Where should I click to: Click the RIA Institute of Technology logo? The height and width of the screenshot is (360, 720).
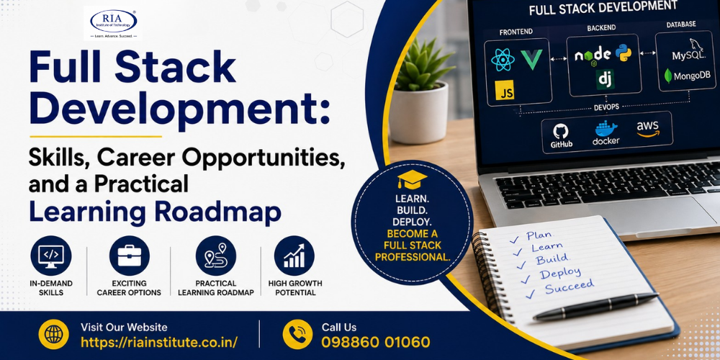point(113,24)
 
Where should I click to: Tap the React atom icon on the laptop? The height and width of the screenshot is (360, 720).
point(503,60)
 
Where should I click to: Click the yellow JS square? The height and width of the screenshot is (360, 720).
point(505,90)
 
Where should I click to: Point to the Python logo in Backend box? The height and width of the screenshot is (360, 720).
point(623,53)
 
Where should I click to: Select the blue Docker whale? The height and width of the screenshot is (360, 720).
point(606,127)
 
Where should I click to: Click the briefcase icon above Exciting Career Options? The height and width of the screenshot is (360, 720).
point(129,256)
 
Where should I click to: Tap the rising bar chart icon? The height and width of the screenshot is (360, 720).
point(294,256)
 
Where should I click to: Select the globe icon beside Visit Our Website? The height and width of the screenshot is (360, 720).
point(54,334)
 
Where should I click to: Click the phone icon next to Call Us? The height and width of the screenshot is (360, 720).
point(297,334)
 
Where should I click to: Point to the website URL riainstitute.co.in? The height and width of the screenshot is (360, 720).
point(159,342)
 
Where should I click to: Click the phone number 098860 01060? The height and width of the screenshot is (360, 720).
point(376,342)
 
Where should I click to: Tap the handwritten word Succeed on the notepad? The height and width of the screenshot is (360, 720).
point(569,286)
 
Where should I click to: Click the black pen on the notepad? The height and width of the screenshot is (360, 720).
point(595,306)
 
